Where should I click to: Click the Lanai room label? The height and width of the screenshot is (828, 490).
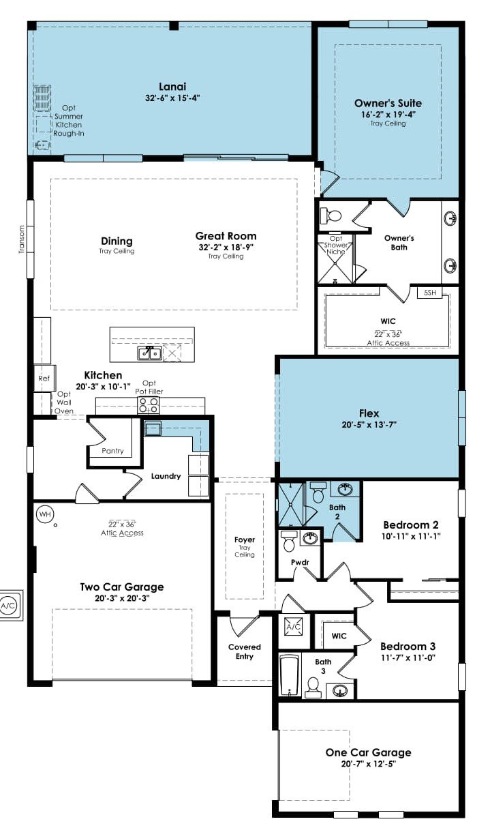click(172, 87)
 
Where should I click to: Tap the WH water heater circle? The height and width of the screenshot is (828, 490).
click(45, 514)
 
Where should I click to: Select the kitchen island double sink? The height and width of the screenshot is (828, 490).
click(149, 353)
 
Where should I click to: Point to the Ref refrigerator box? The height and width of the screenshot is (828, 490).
click(44, 378)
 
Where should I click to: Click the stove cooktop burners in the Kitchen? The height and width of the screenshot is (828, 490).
click(149, 406)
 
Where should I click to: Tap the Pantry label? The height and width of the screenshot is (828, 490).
click(112, 451)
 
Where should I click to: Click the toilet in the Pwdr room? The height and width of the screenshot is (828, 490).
click(289, 542)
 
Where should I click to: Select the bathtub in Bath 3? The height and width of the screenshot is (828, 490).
click(289, 676)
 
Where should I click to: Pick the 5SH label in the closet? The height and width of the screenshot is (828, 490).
click(430, 293)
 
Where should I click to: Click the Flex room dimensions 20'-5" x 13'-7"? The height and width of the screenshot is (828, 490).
click(369, 424)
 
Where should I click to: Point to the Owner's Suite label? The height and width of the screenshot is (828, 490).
click(388, 103)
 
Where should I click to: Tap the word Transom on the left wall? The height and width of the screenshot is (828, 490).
click(21, 239)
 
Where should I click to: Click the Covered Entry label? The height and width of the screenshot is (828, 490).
click(245, 651)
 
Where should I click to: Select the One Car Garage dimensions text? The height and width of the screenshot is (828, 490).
click(369, 764)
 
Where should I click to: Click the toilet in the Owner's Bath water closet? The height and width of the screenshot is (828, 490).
click(331, 215)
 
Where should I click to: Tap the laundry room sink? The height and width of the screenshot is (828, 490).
click(153, 429)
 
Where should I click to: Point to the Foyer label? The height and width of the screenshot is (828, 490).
click(245, 539)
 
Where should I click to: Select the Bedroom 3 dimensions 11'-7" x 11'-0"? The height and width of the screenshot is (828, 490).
click(408, 657)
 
